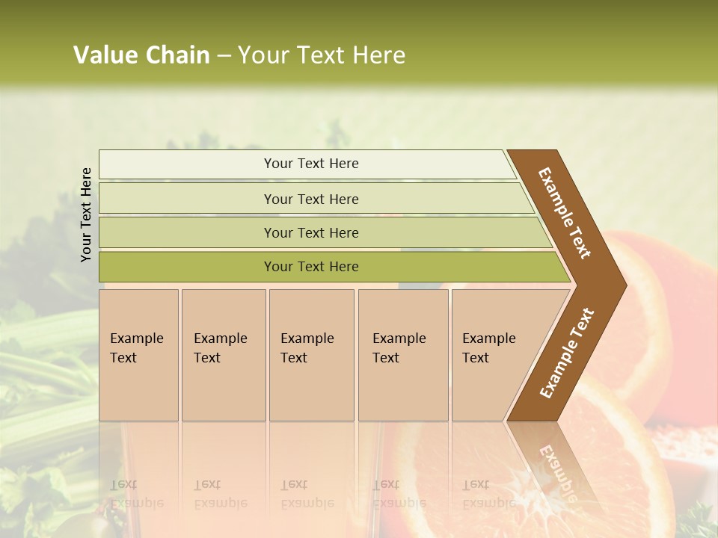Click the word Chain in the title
pyautogui.click(x=177, y=55)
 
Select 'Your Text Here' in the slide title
pyautogui.click(x=322, y=55)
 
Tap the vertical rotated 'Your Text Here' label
pyautogui.click(x=86, y=214)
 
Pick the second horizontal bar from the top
pyautogui.click(x=311, y=199)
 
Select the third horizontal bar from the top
pyautogui.click(x=311, y=232)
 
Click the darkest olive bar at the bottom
pyautogui.click(x=311, y=267)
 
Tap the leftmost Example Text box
pyautogui.click(x=138, y=354)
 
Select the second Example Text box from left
pyautogui.click(x=223, y=354)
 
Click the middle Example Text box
pyautogui.click(x=311, y=354)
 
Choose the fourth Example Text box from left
pyautogui.click(x=402, y=354)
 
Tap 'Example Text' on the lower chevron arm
pyautogui.click(x=566, y=353)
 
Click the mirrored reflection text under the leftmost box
pyautogui.click(x=137, y=493)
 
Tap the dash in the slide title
pyautogui.click(x=224, y=56)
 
